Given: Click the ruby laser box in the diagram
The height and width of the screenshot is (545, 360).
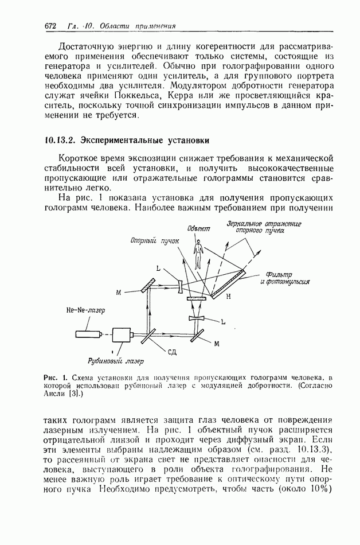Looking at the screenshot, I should point(122,334).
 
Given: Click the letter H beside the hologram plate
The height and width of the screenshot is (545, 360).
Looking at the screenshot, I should point(228,297).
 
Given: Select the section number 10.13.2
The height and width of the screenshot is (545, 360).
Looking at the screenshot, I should point(60,140).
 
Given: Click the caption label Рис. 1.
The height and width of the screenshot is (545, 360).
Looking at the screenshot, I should point(56,377).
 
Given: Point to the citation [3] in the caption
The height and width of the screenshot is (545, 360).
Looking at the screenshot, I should point(75,395).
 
